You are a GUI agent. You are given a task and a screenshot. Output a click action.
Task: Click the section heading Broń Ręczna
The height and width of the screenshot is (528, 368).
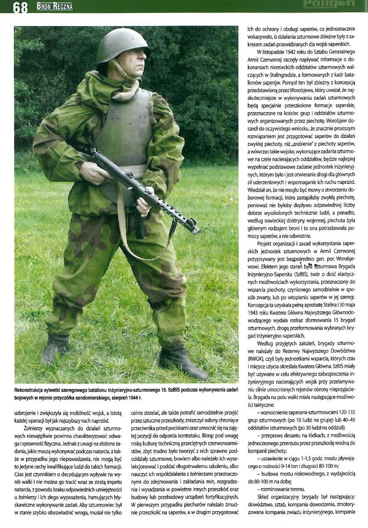pos(54,6)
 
